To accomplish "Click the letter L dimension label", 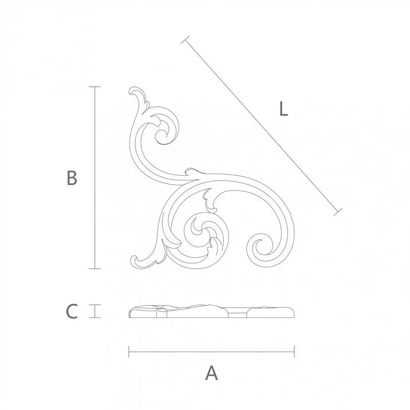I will pyautogui.click(x=282, y=109).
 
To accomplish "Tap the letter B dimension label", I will pyautogui.click(x=72, y=178).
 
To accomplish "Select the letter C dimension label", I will pyautogui.click(x=72, y=312).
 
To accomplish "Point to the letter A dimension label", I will pyautogui.click(x=211, y=373).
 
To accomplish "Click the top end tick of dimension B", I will pyautogui.click(x=94, y=86).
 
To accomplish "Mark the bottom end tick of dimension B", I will pyautogui.click(x=94, y=269).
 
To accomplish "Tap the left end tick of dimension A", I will pyautogui.click(x=129, y=350).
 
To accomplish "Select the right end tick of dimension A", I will pyautogui.click(x=294, y=350).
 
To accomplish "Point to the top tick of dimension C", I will pyautogui.click(x=94, y=305).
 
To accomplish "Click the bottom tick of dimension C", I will pyautogui.click(x=94, y=317).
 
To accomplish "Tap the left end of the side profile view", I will pyautogui.click(x=130, y=312).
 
